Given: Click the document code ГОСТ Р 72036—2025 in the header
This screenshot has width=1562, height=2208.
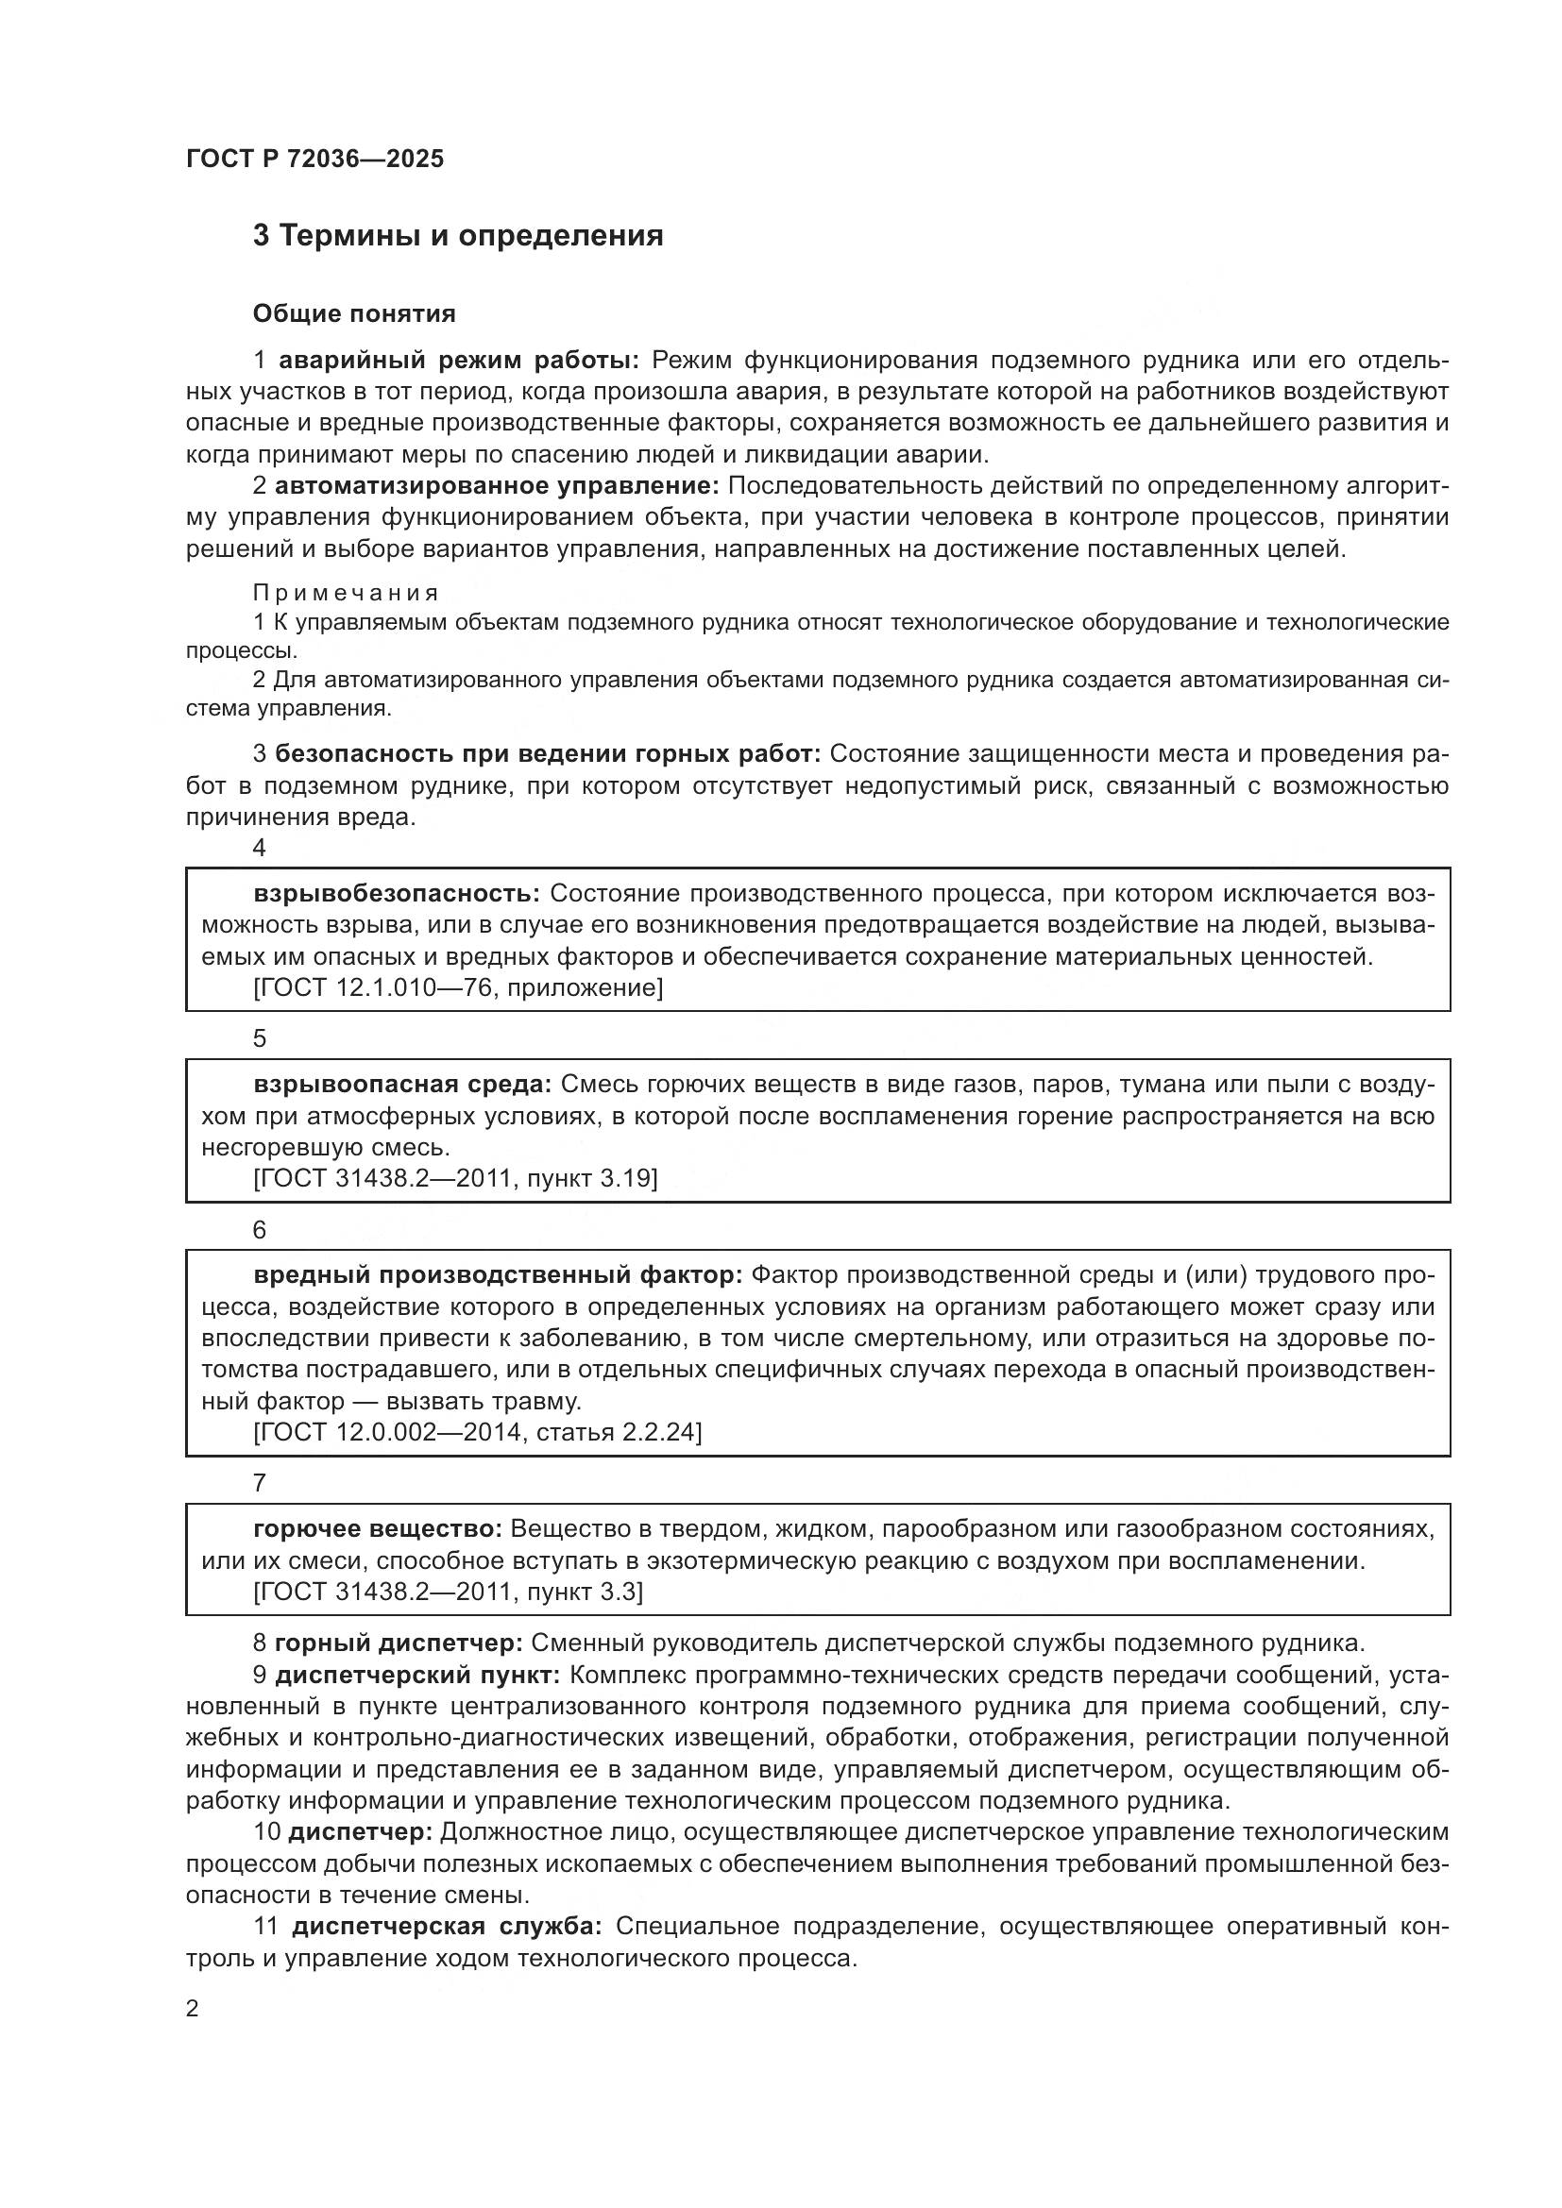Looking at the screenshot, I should [314, 159].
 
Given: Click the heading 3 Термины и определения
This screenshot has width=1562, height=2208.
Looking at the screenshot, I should [458, 236].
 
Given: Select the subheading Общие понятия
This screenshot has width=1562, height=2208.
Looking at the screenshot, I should [354, 313].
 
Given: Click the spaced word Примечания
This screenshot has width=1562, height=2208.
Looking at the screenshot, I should [347, 594].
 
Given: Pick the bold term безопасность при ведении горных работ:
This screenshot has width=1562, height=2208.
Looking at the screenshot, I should [548, 755].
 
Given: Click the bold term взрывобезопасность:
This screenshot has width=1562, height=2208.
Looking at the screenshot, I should [398, 893].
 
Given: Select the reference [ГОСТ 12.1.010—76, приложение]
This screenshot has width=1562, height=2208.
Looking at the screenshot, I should [458, 987].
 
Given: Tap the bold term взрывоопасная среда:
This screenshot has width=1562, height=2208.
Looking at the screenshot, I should [403, 1085].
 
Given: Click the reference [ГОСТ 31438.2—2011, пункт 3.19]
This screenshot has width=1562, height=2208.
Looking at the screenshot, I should [455, 1179].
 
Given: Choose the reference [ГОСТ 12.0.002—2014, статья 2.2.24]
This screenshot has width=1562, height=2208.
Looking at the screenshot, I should [477, 1433].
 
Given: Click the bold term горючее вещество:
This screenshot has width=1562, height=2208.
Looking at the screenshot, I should [378, 1529].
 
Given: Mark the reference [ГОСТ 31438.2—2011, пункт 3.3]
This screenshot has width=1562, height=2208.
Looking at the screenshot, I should [449, 1592].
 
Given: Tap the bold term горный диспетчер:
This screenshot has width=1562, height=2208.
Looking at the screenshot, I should [399, 1643].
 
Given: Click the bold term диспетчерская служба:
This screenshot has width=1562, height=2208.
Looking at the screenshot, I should [448, 1928].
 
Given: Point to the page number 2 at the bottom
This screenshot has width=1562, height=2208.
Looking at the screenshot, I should [193, 2009].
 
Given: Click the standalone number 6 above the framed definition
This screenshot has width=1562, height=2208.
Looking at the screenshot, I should [259, 1230].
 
